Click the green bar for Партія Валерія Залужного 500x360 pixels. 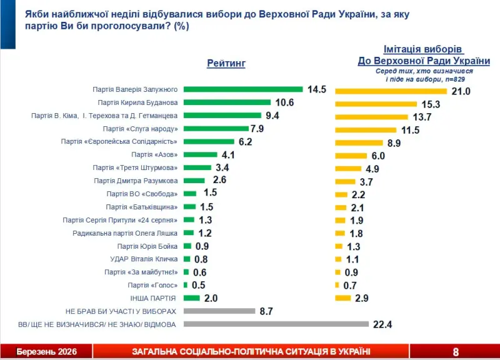pos(243,89)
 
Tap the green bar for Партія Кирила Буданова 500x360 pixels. pos(227,102)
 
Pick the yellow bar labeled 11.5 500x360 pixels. pos(366,130)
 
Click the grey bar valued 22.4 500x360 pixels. pos(276,324)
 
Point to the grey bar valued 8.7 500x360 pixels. pos(220,311)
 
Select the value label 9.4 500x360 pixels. pos(272,116)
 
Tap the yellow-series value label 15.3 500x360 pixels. pos(431,104)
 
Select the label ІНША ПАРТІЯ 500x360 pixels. pos(153,298)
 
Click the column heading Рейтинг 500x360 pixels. pos(226,63)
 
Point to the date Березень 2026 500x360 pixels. pos(46,352)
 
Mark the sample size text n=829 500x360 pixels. pos(459,80)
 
